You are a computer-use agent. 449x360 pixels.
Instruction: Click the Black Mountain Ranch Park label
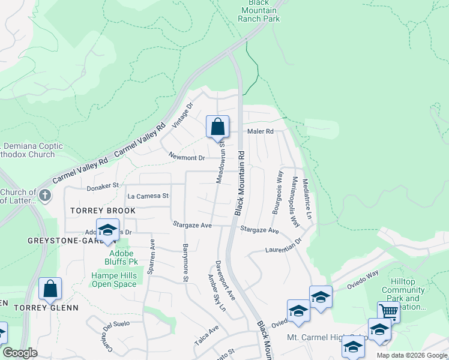259,11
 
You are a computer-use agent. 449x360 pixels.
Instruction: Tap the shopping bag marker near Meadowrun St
218,127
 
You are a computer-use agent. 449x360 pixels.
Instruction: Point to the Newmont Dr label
187,158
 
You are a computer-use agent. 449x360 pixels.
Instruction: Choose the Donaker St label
103,187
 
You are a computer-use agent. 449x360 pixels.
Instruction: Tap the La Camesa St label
148,196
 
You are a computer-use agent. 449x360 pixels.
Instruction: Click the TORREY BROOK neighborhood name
103,211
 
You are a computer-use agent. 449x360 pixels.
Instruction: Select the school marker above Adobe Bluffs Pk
107,230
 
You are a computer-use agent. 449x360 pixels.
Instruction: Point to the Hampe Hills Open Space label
114,280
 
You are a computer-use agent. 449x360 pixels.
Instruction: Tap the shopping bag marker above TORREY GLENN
50,289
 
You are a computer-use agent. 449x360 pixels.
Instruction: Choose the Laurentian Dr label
285,245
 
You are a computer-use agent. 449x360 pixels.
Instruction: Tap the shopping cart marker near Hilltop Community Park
388,311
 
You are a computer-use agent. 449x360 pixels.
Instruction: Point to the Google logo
20,353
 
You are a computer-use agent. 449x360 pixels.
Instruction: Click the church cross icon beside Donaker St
44,195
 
